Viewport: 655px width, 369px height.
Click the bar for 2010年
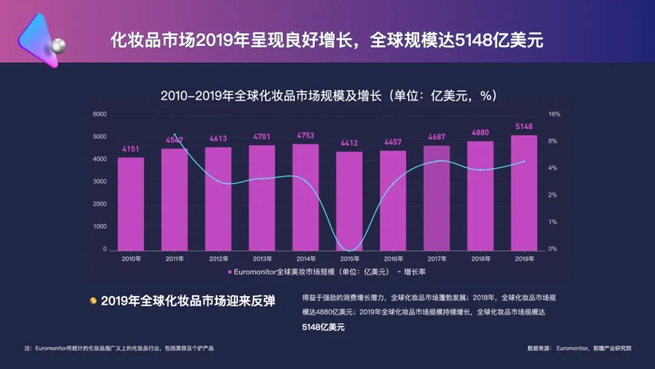(130, 203)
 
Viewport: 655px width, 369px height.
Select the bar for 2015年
(349, 200)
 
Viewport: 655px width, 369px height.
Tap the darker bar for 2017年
(437, 198)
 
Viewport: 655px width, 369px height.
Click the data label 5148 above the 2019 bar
(524, 126)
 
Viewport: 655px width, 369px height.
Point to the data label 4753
(306, 135)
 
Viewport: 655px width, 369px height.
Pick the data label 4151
(130, 149)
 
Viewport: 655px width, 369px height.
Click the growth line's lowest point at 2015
(349, 250)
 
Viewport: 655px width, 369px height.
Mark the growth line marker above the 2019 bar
(524, 161)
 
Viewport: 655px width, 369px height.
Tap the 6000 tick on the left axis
(99, 114)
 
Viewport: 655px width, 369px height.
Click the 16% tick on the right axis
(554, 114)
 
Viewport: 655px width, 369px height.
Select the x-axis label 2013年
(262, 259)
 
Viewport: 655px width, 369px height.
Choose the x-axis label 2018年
(480, 259)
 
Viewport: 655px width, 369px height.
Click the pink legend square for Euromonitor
(230, 272)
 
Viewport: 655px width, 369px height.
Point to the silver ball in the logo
(58, 46)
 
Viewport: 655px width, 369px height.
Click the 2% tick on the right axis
(553, 195)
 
